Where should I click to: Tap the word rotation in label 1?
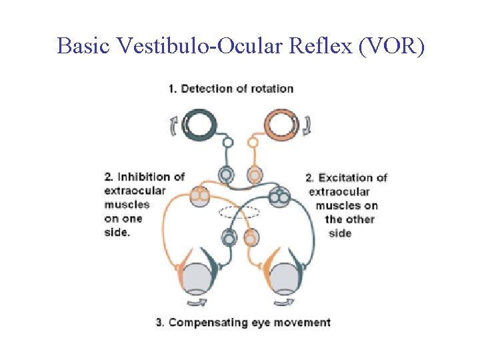pyautogui.click(x=271, y=89)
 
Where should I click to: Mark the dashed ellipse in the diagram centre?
pyautogui.click(x=239, y=212)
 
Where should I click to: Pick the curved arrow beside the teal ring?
pyautogui.click(x=175, y=125)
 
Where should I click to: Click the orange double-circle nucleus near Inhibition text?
pyautogui.click(x=200, y=195)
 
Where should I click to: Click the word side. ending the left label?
pyautogui.click(x=117, y=233)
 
